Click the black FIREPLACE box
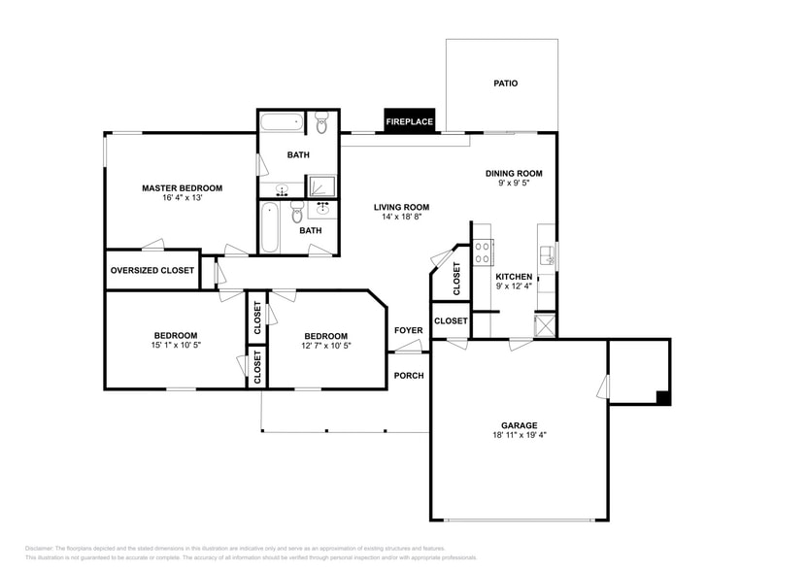(x=409, y=121)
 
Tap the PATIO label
(x=506, y=84)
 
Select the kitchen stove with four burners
(x=483, y=253)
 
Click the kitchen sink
(x=549, y=256)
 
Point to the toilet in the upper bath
(x=321, y=122)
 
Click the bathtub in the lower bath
(x=271, y=226)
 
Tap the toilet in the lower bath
(x=298, y=211)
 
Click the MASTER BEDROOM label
(x=182, y=188)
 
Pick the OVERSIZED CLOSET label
(x=151, y=271)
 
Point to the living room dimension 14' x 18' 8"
(x=401, y=217)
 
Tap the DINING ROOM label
(x=514, y=174)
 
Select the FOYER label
(x=408, y=330)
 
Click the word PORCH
(x=408, y=376)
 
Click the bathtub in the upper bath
(x=282, y=123)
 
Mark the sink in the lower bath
(x=323, y=209)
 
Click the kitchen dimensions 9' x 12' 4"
(x=514, y=286)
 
